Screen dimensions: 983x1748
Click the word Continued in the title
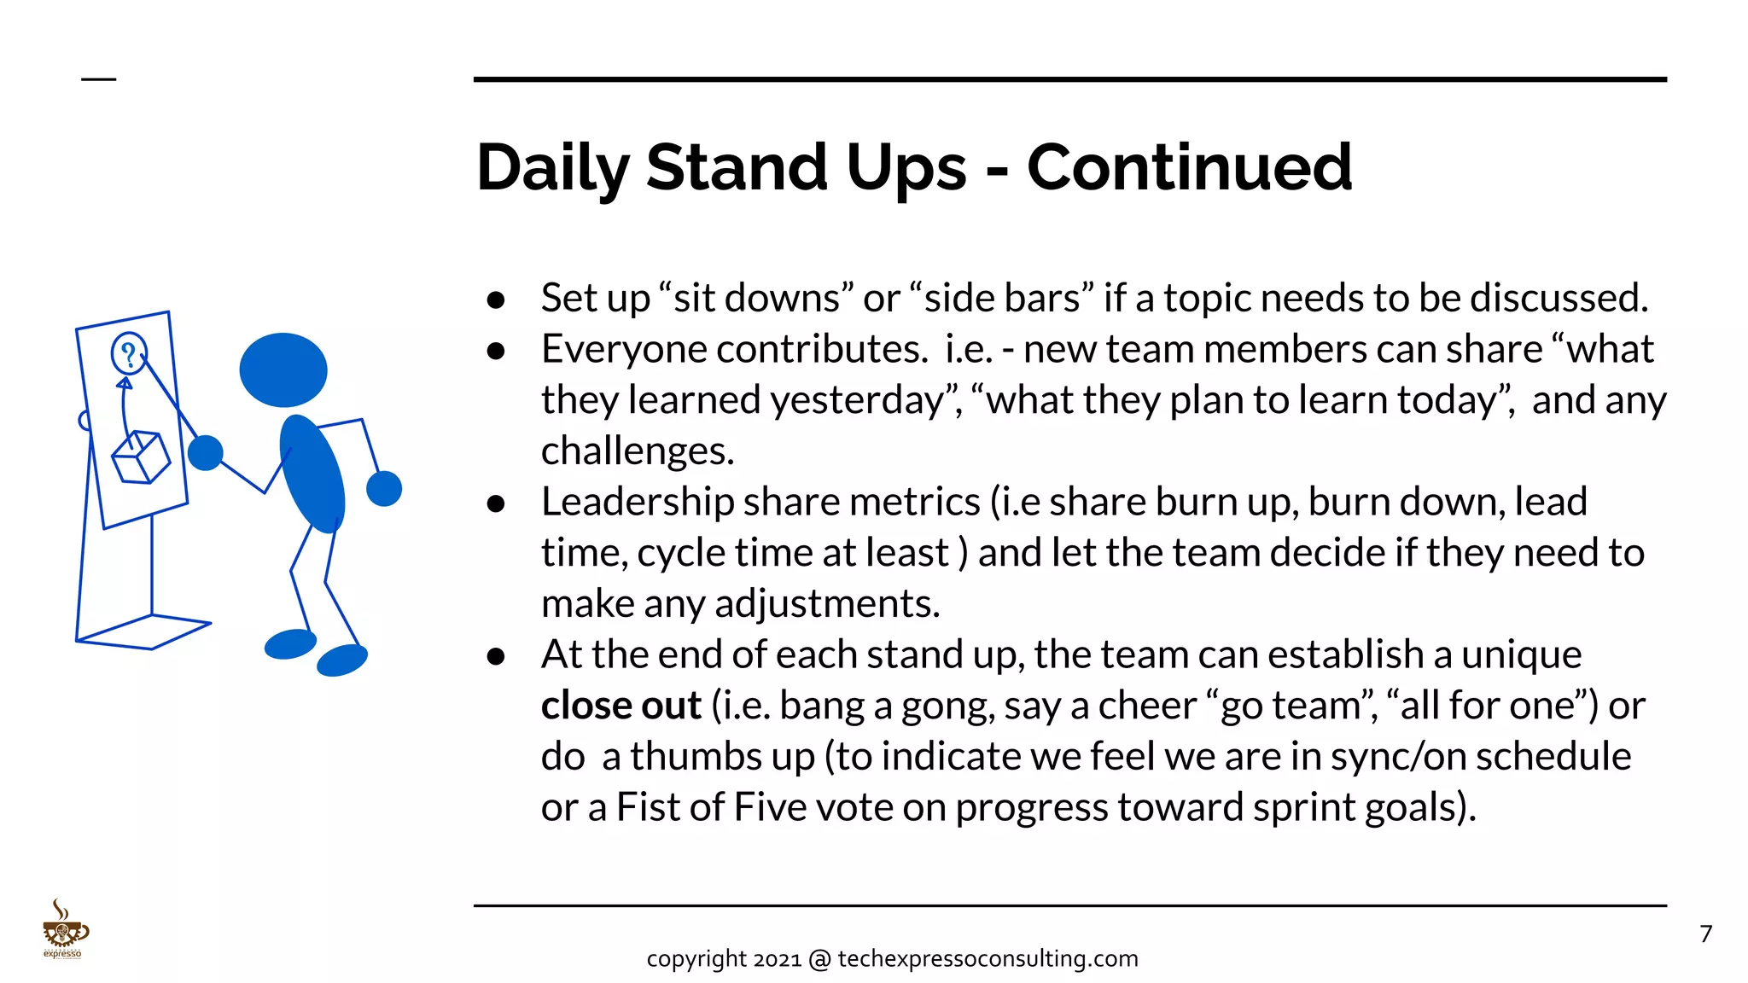point(1189,167)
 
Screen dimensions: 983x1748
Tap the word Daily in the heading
point(552,167)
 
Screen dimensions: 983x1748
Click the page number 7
point(1705,934)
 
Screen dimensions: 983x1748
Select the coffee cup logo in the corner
point(64,930)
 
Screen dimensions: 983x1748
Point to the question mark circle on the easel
point(129,353)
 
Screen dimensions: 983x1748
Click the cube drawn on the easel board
point(141,458)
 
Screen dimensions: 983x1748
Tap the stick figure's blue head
point(283,369)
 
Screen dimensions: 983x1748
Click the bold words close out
point(621,706)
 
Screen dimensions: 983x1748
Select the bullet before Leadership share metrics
point(496,503)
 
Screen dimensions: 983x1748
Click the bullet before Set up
point(496,300)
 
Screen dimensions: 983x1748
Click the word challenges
point(637,451)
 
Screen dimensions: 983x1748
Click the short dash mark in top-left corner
point(98,79)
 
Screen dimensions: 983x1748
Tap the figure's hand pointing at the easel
point(205,453)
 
